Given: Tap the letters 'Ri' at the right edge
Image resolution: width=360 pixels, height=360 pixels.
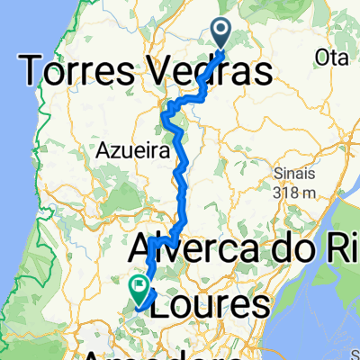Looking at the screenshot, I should tap(345, 249).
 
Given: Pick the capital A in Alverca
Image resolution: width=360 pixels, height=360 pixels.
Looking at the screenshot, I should tap(144, 249).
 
